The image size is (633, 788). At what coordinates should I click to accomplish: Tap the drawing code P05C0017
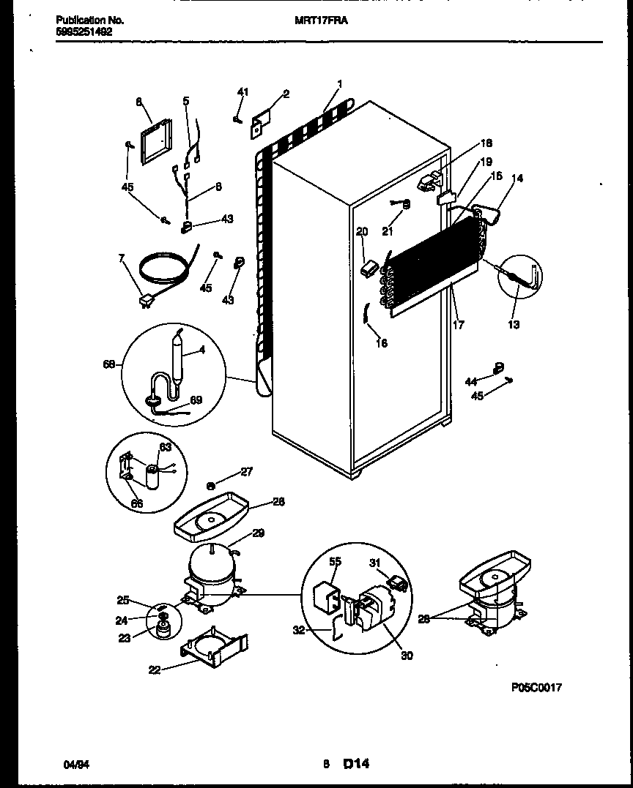536,688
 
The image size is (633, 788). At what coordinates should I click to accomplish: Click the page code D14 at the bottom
355,764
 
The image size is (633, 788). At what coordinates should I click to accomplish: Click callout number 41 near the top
243,91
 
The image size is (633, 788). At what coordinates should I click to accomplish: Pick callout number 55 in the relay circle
335,563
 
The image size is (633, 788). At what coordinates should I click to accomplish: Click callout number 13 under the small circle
514,325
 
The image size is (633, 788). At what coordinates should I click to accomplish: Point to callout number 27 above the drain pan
246,473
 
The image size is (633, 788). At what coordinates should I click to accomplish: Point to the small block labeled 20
368,269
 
